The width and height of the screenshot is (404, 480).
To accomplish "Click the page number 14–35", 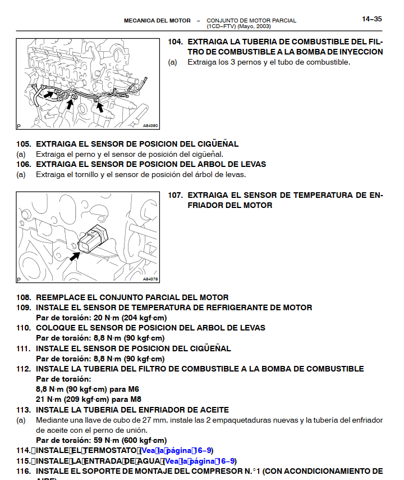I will (x=371, y=19).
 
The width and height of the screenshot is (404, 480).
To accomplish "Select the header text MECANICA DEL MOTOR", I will (x=157, y=21).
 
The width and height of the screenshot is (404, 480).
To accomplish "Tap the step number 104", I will (x=176, y=42).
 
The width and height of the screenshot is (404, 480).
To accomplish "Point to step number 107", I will (x=176, y=196).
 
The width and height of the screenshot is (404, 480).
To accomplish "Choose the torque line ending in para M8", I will (x=88, y=399).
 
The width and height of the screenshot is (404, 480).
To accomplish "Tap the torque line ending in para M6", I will (x=88, y=389).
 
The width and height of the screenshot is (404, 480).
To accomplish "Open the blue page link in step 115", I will (x=199, y=461).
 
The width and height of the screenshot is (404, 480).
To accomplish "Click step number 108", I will (x=24, y=297).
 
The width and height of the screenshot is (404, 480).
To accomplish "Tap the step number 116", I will (x=24, y=471).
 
